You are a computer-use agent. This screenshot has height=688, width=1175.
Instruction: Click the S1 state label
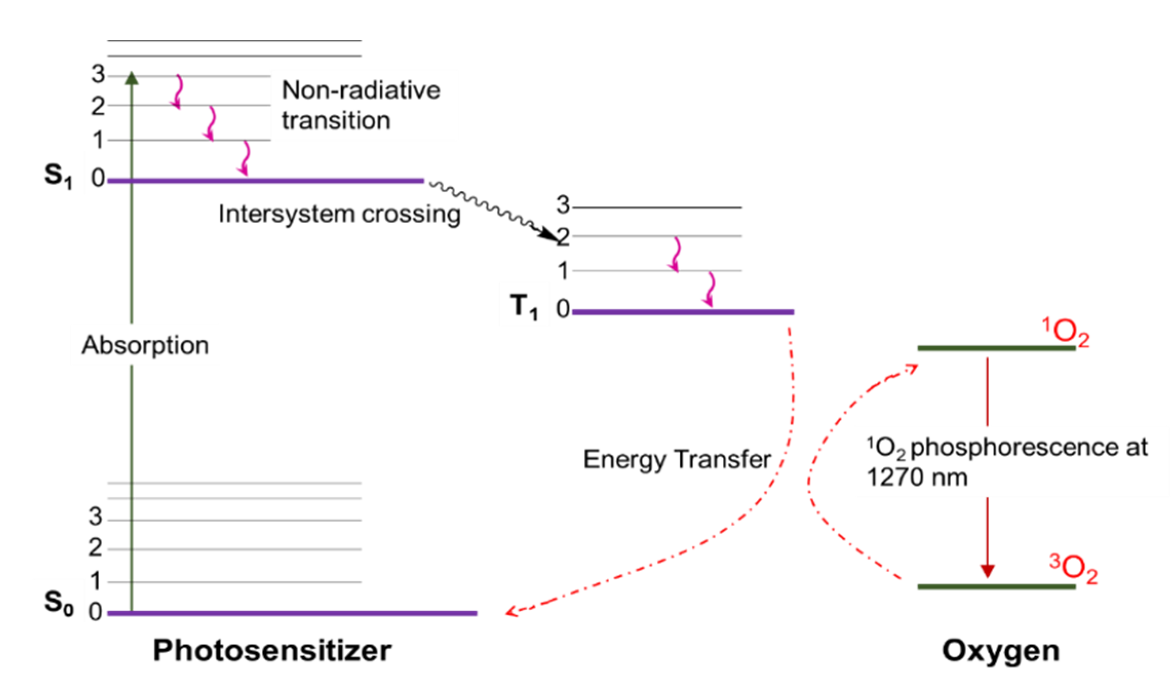click(57, 176)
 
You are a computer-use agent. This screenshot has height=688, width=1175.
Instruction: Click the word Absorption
click(145, 345)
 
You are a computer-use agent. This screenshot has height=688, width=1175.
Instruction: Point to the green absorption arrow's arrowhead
click(132, 78)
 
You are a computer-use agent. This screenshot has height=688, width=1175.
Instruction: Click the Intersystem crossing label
click(339, 214)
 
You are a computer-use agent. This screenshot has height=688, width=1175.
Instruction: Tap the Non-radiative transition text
click(360, 105)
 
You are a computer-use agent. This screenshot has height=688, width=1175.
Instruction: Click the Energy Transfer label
click(677, 459)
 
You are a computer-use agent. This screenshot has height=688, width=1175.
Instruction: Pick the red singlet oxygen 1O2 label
click(1065, 332)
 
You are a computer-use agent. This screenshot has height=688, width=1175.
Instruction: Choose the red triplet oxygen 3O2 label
click(1073, 568)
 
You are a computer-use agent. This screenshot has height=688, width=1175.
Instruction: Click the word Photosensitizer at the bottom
click(272, 651)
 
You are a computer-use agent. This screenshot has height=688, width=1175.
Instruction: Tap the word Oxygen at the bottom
click(1001, 651)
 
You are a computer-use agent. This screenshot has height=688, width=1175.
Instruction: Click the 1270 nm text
click(917, 478)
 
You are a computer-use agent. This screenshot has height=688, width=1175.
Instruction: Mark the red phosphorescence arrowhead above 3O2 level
click(988, 571)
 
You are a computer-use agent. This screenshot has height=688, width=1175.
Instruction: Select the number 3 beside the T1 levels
click(563, 205)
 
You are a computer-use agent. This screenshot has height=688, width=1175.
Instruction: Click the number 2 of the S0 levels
click(95, 548)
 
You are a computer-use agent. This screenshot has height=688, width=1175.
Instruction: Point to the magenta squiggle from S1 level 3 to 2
click(178, 91)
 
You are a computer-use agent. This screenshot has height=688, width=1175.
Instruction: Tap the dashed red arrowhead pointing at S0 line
click(511, 611)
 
